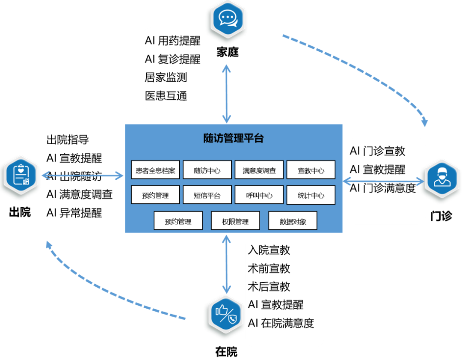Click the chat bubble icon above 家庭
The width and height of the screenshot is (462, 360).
coord(227,19)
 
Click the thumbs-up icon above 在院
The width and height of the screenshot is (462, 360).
coord(225,316)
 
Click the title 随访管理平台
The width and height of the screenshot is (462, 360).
coord(233,138)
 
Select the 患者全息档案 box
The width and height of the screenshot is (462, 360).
coord(155,170)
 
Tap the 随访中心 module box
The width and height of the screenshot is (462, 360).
coord(207,170)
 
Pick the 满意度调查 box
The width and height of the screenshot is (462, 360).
coord(259,170)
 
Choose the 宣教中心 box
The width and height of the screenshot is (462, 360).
coord(311,170)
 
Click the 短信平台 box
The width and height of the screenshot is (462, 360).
coord(207,195)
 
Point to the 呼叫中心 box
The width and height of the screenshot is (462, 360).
coord(259,195)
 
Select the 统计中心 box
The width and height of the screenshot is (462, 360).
coord(311,195)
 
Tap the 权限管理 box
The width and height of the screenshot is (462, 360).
coord(235,221)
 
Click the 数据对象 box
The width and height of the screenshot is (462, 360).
coord(293,221)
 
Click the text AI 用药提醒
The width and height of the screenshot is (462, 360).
coord(172,41)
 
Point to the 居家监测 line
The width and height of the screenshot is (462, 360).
coord(166,77)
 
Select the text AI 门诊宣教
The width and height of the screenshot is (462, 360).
coord(377,151)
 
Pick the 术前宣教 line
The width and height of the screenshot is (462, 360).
coord(269,268)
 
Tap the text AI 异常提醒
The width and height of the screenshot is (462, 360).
coord(74,213)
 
